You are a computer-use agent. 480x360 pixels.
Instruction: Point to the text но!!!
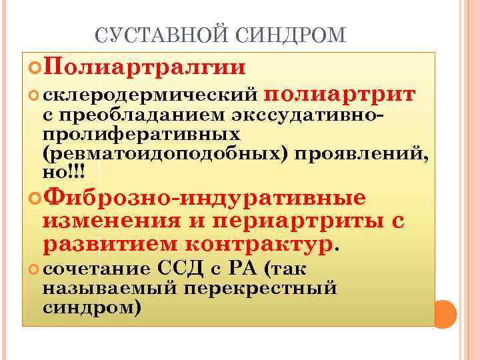(63, 173)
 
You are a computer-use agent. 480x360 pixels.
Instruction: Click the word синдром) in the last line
(91, 309)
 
